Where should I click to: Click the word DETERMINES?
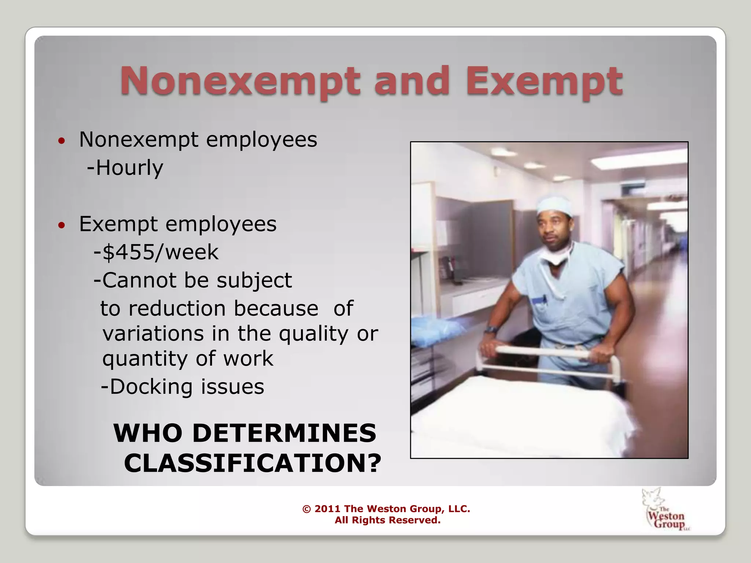point(285,433)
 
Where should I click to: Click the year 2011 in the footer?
point(327,509)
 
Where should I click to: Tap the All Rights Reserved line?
point(387,520)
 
